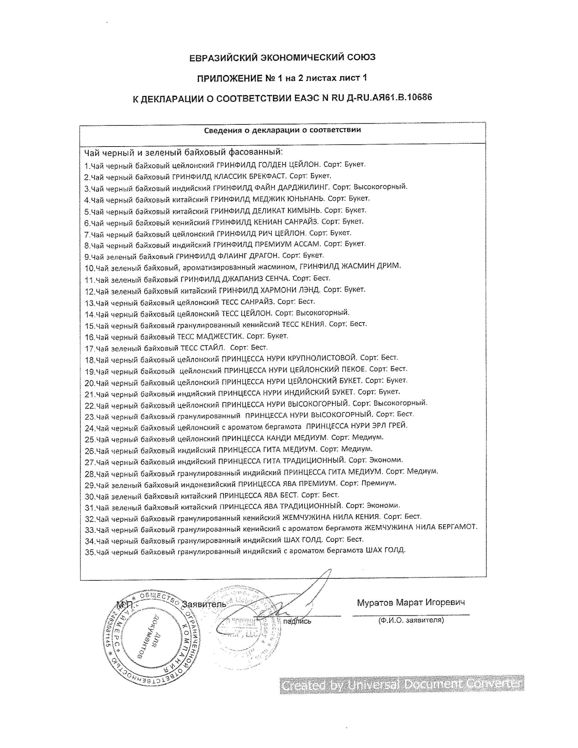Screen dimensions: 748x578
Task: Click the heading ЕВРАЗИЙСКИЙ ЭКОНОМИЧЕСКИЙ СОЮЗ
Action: (283, 57)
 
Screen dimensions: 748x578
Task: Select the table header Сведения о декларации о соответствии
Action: (283, 130)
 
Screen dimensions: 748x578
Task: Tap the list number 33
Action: (90, 530)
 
